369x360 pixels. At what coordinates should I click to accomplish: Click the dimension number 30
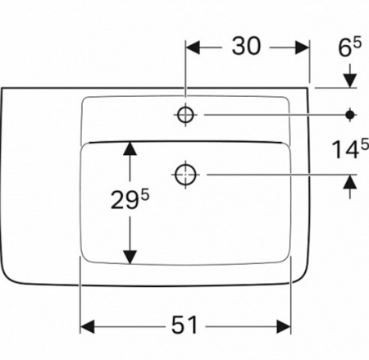click(x=246, y=46)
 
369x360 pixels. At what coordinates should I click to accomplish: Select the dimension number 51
click(x=184, y=325)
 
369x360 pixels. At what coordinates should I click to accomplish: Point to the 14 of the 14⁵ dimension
click(x=345, y=149)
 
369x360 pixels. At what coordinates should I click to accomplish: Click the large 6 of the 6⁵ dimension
click(x=344, y=48)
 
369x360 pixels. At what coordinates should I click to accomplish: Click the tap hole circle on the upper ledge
click(x=185, y=115)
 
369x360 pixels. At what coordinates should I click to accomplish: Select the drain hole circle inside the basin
click(x=185, y=175)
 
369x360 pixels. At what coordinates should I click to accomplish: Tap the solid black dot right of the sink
click(x=350, y=115)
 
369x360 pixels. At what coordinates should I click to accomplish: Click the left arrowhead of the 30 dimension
click(x=193, y=48)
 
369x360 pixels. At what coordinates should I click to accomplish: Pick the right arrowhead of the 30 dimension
click(x=302, y=48)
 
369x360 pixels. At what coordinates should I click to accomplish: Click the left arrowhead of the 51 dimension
click(x=88, y=326)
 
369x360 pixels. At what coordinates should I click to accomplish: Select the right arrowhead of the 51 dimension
click(x=284, y=326)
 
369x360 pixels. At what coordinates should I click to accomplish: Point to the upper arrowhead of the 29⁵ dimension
click(x=130, y=149)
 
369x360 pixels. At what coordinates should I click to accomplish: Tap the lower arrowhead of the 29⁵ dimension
click(x=130, y=257)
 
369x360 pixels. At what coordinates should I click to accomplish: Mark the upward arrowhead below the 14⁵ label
click(x=350, y=182)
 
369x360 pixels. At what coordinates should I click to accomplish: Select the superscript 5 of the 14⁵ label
click(x=365, y=144)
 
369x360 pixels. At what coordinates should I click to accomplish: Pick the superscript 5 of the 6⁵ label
click(x=357, y=43)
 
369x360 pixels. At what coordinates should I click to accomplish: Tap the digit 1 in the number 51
click(x=192, y=325)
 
